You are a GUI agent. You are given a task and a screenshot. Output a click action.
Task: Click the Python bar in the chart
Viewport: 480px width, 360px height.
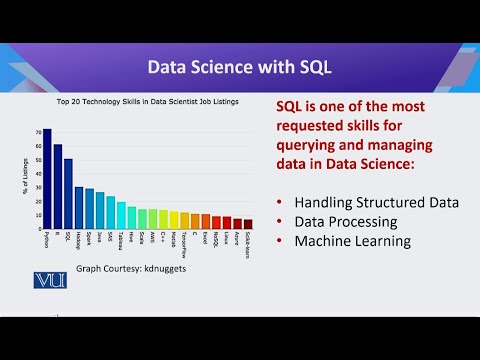point(46,180)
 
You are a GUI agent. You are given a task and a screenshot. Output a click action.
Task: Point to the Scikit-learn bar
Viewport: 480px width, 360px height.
point(248,225)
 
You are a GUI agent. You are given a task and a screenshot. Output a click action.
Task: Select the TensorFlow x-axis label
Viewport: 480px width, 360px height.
point(184,243)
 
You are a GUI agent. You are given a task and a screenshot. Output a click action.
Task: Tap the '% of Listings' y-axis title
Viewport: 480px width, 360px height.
point(23,175)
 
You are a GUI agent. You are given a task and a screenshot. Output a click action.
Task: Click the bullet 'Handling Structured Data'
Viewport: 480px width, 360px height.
point(376,202)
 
